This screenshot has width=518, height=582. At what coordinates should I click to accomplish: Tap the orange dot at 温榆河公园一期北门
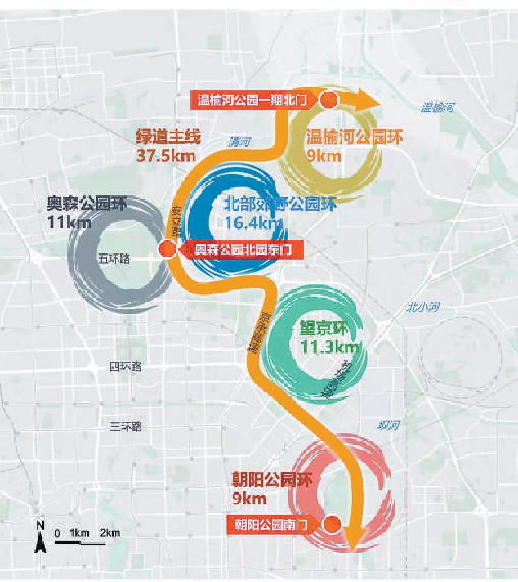tap(328, 100)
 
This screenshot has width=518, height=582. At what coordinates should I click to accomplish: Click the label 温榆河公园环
tap(343, 137)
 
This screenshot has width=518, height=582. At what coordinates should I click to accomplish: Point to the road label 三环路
tap(126, 426)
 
